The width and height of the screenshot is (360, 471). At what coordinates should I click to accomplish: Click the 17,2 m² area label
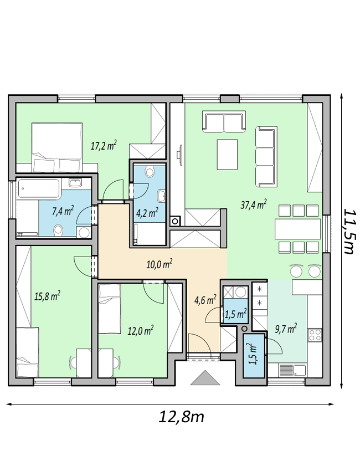tap(103, 146)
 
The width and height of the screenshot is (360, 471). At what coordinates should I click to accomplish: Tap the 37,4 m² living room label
tap(254, 204)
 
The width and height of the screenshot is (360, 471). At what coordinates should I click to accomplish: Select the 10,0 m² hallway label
tap(159, 264)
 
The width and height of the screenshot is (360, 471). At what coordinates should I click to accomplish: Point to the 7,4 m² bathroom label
tap(63, 211)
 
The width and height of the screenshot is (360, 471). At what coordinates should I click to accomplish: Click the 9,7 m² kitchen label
tap(286, 329)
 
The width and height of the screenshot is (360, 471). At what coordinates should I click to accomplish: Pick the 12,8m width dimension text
tap(181, 416)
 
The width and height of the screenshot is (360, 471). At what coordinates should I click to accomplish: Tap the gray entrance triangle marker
tap(205, 377)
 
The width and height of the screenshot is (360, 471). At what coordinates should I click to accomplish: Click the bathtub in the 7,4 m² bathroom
tap(38, 188)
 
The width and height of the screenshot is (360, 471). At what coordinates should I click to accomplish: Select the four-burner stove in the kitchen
tap(315, 335)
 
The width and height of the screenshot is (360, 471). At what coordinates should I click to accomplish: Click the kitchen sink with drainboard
tap(292, 370)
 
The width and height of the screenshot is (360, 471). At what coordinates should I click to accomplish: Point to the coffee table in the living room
tap(227, 155)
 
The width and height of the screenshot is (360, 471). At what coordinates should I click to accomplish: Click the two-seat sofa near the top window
tap(224, 121)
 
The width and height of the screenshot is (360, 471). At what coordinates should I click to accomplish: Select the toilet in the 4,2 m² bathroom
tap(149, 172)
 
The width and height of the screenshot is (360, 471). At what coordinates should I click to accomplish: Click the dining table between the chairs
tap(297, 229)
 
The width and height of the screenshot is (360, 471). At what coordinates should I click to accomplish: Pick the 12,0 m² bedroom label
tap(141, 331)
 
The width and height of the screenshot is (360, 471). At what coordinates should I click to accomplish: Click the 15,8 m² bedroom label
tap(47, 296)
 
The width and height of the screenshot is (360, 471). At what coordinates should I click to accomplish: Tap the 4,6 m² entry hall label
tap(205, 300)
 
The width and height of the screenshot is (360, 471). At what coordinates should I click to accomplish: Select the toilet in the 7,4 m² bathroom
tap(58, 231)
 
